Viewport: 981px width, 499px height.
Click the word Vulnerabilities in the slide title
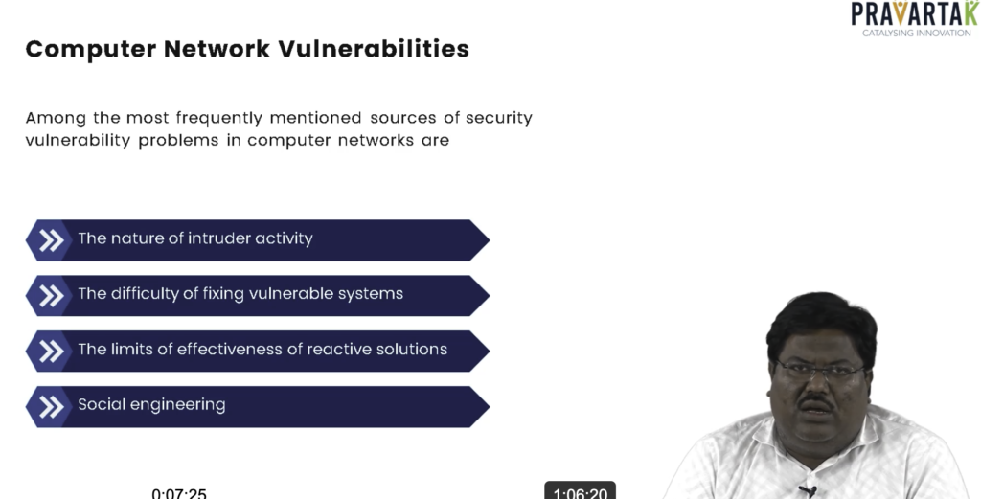coord(374,49)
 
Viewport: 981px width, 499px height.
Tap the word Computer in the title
coord(91,50)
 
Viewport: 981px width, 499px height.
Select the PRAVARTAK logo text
coord(915,13)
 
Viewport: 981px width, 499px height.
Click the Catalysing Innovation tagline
coord(917,33)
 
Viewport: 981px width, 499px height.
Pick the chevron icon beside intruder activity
coord(52,240)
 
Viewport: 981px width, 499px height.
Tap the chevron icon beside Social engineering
coord(52,406)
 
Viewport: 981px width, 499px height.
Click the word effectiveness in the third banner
coord(233,349)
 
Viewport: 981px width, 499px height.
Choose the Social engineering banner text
coord(151,404)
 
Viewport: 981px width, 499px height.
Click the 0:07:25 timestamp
coord(179,494)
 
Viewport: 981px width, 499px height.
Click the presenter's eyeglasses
coord(820,371)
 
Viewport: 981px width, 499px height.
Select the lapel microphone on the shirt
coord(807,491)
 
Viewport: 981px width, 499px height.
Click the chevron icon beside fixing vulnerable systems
coord(52,296)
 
